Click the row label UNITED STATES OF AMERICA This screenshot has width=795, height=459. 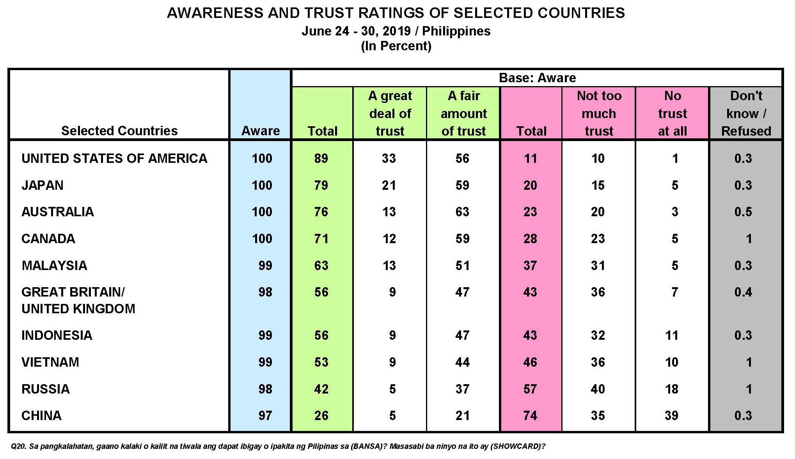point(114,159)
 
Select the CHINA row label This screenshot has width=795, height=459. point(41,416)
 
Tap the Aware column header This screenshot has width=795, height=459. point(261,131)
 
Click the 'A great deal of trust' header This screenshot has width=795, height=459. point(390,113)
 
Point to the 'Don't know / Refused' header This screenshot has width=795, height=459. point(746,113)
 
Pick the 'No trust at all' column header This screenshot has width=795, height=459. point(672,113)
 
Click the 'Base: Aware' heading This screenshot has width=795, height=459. point(537,78)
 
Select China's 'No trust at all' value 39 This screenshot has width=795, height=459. point(671,416)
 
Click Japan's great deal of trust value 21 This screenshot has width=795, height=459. point(389,185)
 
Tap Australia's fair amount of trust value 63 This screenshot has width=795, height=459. point(462,212)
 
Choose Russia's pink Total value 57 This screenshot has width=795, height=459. point(530,389)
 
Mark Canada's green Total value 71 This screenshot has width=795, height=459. point(321,239)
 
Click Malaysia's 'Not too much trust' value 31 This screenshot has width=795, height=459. point(598,266)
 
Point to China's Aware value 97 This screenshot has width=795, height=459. point(265,416)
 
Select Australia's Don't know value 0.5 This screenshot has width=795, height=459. point(743,212)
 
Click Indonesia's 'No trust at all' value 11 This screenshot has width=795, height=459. point(671,335)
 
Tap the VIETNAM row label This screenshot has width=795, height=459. point(50,362)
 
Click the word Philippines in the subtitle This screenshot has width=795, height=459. point(456,31)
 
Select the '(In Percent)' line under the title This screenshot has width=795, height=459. point(396,46)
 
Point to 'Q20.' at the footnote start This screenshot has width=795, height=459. point(18,447)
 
